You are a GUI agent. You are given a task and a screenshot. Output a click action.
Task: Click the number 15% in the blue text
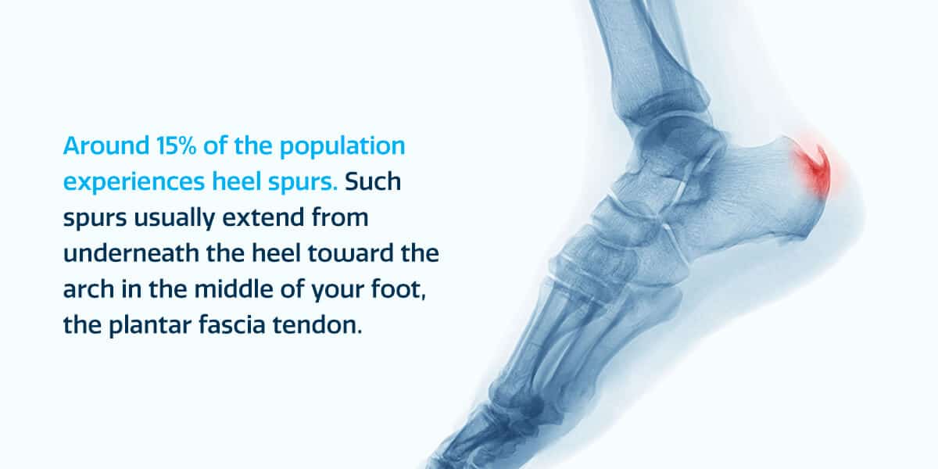point(177,145)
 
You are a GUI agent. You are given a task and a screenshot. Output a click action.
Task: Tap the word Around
point(106,145)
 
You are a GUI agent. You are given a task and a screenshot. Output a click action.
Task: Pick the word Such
point(373,181)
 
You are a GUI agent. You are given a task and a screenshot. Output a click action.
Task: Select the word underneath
point(131,253)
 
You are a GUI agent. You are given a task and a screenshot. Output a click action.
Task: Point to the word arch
point(88,289)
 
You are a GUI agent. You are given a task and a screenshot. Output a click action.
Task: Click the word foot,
point(399,290)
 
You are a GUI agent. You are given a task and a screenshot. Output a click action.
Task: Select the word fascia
point(232,325)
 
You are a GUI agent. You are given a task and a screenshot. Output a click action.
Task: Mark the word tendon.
point(317,325)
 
